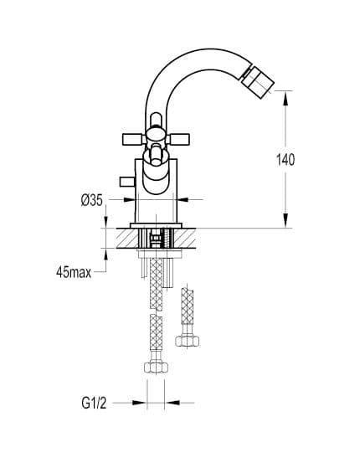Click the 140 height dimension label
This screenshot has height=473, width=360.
pos(285,159)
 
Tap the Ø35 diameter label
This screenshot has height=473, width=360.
pos(92,200)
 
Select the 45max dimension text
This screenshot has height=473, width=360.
pos(74,273)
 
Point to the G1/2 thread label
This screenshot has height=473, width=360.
pos(94,404)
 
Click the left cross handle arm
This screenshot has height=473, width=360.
pos(133,139)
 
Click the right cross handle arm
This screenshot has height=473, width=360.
pos(178,139)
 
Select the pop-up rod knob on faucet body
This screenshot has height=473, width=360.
pos(126,182)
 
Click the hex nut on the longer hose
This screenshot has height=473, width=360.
pos(156,368)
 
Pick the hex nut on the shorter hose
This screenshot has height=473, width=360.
pos(187,341)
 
